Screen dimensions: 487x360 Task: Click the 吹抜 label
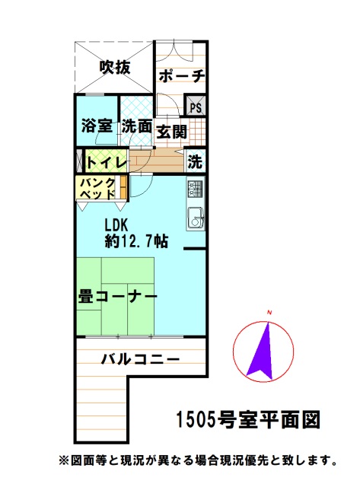114,68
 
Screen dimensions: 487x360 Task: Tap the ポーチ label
181,76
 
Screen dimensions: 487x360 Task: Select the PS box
196,107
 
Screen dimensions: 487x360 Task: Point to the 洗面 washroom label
137,127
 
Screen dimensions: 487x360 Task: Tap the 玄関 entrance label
172,131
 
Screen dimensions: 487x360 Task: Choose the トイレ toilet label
106,162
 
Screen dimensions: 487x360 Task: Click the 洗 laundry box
196,161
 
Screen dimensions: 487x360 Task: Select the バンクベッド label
98,188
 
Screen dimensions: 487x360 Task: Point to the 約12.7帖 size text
137,242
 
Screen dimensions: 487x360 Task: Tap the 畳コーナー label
117,297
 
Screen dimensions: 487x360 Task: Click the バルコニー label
140,358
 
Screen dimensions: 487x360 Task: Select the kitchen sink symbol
194,217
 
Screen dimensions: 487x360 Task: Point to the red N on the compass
269,313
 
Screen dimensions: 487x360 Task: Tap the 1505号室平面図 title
247,419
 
